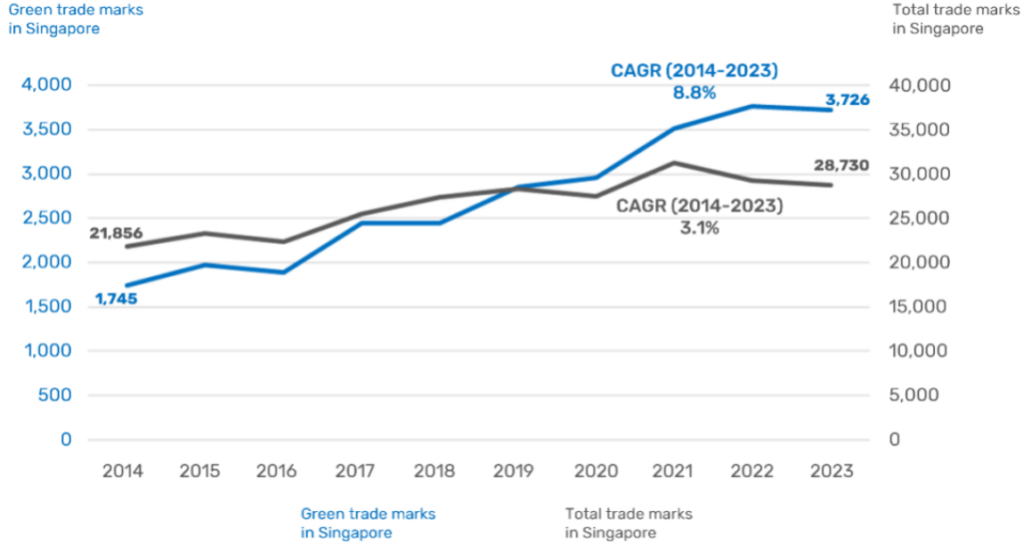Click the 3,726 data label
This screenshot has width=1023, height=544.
847,100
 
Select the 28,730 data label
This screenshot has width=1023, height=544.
845,166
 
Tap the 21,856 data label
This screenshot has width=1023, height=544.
116,234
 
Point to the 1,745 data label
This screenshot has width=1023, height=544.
116,297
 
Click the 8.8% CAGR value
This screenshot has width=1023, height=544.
693,93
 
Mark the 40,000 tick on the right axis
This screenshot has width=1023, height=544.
916,85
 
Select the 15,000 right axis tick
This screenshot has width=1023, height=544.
916,306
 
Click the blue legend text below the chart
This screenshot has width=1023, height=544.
369,523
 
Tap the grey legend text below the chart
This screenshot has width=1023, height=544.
628,523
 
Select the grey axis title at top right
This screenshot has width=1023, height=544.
937,19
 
